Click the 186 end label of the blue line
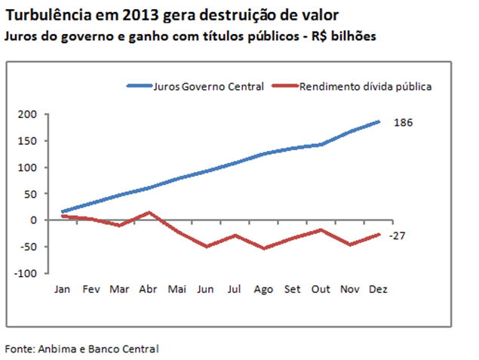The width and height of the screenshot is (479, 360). coord(404,122)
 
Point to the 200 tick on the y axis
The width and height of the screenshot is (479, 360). coord(28,114)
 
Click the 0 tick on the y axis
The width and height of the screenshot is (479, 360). coord(33,220)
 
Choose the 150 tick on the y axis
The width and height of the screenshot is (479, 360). coord(28,140)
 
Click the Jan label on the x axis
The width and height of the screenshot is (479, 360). coord(63,289)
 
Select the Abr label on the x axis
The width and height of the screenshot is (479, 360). coord(149,289)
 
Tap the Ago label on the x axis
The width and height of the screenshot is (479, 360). coord(263,289)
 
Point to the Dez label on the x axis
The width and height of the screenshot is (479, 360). coord(379,289)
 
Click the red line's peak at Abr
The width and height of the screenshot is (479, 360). coord(149,213)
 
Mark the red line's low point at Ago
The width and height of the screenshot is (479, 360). coord(264,248)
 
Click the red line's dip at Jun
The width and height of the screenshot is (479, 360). coord(207,247)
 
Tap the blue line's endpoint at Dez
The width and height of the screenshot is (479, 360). coord(379,122)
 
